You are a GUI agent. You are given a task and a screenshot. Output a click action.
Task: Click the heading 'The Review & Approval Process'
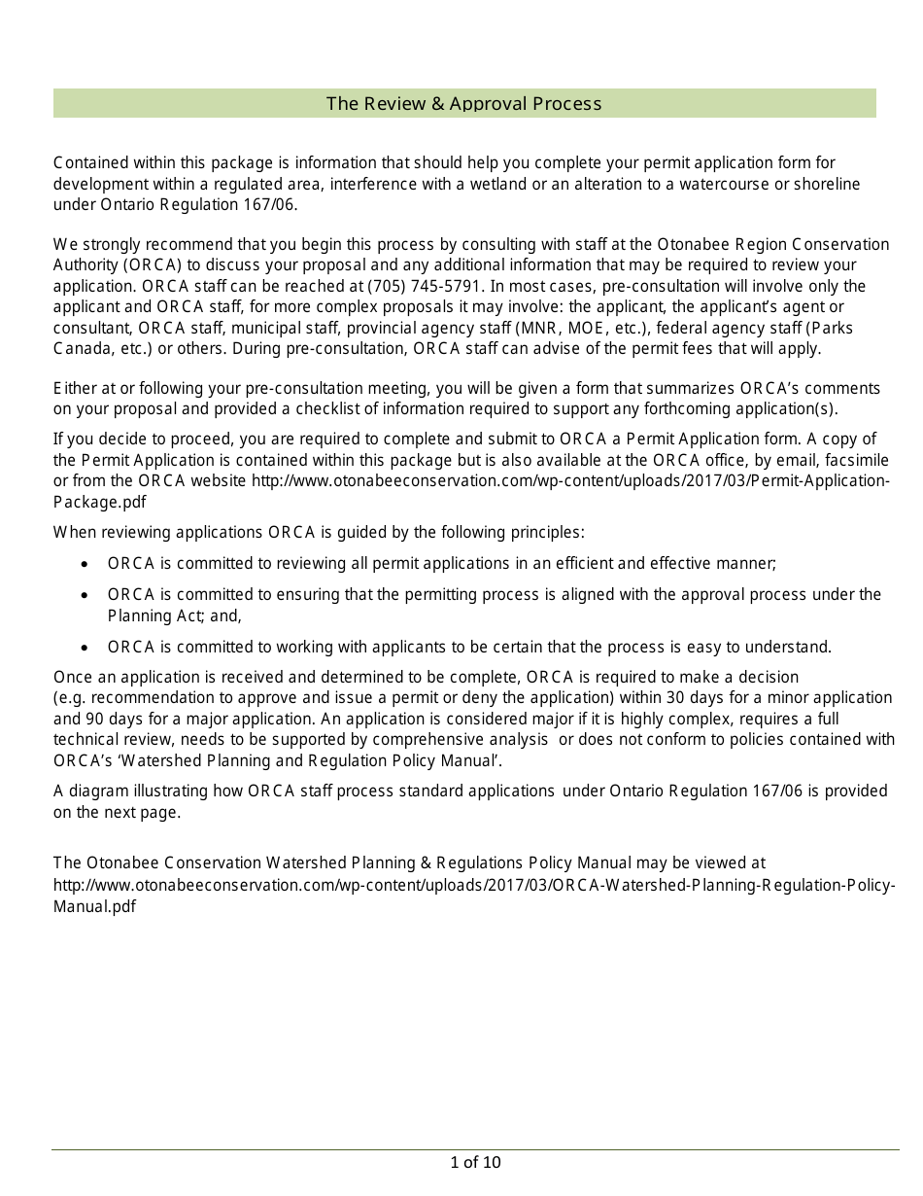[x=463, y=104]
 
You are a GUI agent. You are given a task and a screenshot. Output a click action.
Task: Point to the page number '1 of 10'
[x=475, y=1162]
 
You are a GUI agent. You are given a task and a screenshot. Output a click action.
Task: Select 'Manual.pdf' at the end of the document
[x=94, y=906]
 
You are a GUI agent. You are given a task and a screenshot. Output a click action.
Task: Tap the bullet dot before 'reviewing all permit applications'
[x=85, y=564]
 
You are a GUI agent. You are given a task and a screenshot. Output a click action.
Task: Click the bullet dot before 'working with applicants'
[x=85, y=648]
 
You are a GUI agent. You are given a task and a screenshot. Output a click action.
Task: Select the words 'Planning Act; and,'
[x=174, y=616]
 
